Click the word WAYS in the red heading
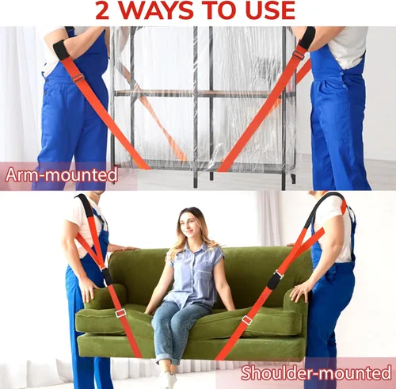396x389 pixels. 156,11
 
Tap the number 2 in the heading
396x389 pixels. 102,11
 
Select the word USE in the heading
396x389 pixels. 270,11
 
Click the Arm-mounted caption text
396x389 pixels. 61,175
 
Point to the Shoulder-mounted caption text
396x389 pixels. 316,372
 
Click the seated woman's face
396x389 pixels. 188,226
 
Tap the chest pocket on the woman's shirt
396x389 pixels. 207,270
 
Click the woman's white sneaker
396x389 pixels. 167,379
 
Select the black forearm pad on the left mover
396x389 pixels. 61,49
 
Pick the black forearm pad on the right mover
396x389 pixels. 307,39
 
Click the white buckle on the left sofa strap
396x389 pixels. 120,313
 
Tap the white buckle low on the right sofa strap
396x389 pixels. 247,320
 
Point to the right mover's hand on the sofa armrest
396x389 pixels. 299,292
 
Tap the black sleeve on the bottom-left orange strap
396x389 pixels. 107,276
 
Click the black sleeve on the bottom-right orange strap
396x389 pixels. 274,280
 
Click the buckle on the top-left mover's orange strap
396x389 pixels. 78,78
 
